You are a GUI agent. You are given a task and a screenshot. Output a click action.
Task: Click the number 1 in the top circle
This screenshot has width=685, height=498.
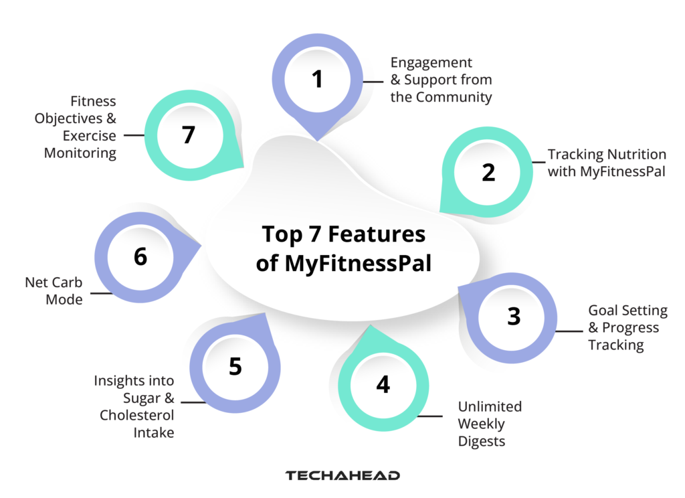click(317, 80)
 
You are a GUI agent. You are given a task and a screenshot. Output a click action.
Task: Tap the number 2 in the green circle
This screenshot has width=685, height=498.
click(488, 172)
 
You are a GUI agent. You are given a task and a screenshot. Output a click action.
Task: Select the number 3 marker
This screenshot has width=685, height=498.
click(513, 316)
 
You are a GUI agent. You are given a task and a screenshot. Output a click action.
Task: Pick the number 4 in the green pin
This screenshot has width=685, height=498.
click(383, 385)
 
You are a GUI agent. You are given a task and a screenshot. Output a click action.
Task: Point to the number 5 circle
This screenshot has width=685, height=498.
click(235, 367)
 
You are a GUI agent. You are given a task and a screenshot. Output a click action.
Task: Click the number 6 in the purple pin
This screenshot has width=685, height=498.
click(140, 257)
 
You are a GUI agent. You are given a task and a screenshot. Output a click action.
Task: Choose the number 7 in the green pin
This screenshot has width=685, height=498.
click(188, 135)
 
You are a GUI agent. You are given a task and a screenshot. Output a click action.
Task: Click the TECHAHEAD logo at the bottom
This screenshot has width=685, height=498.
click(342, 476)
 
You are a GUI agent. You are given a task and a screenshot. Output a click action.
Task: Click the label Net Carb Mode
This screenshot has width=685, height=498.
click(54, 291)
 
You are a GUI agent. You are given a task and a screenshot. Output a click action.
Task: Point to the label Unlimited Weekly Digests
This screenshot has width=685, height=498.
click(489, 424)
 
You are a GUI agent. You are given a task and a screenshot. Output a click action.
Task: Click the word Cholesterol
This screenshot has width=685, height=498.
click(137, 416)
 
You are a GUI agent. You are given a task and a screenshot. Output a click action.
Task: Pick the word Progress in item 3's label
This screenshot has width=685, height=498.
click(630, 328)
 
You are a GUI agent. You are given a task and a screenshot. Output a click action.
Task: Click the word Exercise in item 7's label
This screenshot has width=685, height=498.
click(90, 136)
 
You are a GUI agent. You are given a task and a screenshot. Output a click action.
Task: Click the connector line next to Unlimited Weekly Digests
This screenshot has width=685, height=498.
click(430, 416)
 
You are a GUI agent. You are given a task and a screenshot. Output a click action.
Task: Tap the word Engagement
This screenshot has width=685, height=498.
click(431, 62)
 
